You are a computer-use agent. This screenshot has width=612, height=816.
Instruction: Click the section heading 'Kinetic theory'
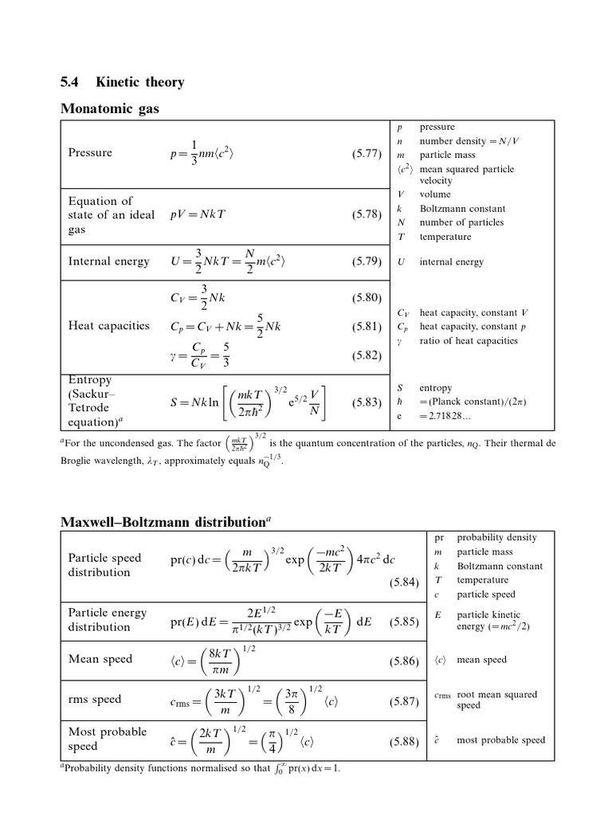139,82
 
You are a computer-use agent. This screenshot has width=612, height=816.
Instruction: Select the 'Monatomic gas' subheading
110,109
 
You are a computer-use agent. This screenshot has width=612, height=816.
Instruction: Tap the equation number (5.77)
367,153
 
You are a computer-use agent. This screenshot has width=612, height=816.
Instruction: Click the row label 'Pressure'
90,153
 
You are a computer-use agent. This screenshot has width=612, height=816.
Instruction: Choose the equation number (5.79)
367,261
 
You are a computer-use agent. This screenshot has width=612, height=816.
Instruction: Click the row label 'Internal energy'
108,261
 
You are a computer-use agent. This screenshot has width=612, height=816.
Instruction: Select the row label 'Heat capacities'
108,326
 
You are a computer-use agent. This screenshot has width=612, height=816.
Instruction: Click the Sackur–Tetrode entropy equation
249,403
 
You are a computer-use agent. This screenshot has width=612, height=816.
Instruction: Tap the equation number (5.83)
367,403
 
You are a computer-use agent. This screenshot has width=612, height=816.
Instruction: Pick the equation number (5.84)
404,583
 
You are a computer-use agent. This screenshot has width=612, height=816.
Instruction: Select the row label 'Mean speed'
100,660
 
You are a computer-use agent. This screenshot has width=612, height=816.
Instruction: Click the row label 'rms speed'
95,700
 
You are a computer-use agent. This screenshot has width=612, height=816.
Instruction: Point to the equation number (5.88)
404,743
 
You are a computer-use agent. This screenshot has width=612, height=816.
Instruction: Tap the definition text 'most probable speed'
500,740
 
